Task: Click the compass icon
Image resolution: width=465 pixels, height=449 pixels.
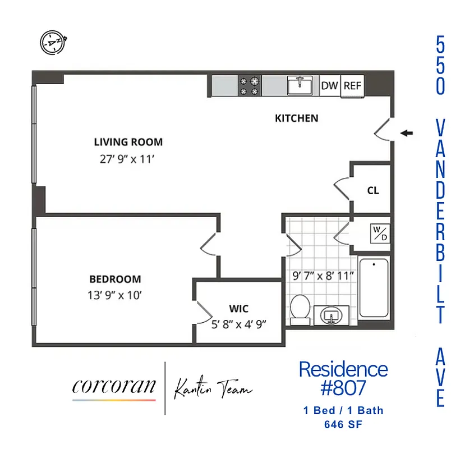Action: (54, 42)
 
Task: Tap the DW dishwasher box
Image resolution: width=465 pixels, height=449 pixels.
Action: (330, 86)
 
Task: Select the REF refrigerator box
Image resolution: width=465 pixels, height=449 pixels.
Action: (353, 86)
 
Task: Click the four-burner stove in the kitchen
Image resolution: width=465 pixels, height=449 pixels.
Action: (250, 85)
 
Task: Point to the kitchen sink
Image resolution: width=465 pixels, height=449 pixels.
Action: (301, 85)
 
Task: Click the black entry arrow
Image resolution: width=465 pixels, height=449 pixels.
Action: (407, 133)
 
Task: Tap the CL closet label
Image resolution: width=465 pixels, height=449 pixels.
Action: (373, 190)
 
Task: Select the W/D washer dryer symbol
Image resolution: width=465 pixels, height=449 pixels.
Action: (380, 233)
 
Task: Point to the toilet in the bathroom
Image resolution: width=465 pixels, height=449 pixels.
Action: (301, 310)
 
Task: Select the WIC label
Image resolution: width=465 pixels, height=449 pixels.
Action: (238, 309)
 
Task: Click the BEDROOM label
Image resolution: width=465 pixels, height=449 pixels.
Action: (115, 279)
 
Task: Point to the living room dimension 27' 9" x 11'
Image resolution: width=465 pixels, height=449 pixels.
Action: (127, 159)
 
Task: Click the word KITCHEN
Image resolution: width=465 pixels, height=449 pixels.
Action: (296, 118)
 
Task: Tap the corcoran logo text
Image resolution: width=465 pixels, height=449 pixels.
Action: (114, 387)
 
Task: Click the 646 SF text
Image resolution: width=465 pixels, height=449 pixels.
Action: (343, 425)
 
